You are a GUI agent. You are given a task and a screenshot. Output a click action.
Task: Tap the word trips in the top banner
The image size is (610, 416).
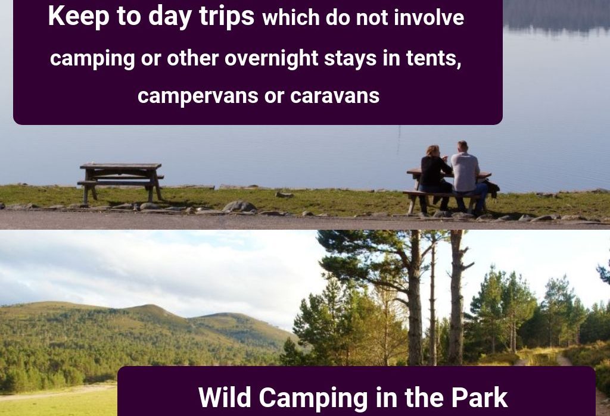pos(227,16)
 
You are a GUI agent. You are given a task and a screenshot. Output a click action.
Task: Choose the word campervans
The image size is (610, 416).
pos(198,96)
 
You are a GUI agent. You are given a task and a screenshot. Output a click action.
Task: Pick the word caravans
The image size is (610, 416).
pos(335,96)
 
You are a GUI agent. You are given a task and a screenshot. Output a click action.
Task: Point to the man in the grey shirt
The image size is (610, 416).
pos(468,177)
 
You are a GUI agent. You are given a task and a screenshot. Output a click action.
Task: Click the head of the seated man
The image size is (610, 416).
pos(462,146)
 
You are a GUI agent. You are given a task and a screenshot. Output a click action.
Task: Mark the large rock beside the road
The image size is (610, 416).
pos(239,206)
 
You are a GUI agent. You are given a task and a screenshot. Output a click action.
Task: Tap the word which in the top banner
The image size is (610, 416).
pos(291,17)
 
